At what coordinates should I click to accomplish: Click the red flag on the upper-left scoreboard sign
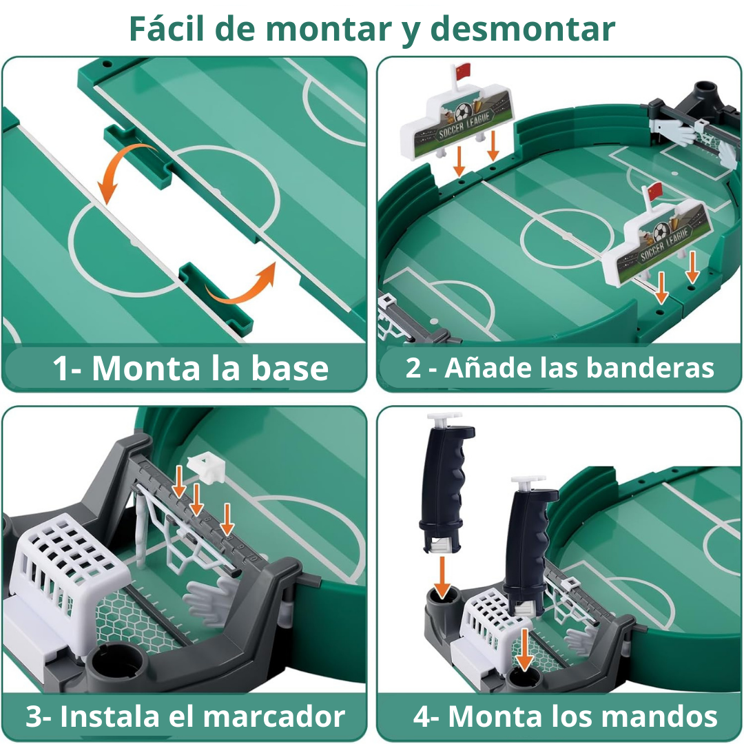click(463, 69)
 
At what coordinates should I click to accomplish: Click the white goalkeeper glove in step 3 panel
click(210, 599)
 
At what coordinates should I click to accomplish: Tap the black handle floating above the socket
click(446, 482)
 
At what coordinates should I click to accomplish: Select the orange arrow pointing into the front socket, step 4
click(525, 648)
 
